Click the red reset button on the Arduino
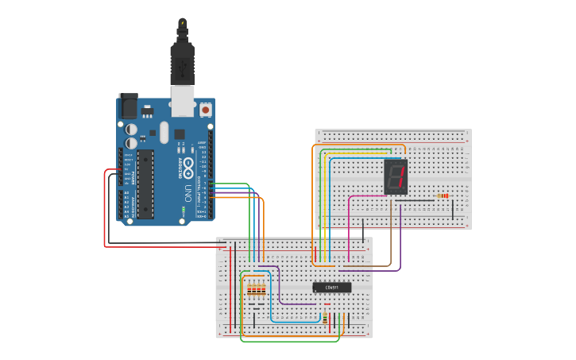(206, 110)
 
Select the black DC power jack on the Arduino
(128, 106)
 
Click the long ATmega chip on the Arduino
(145, 184)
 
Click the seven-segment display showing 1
(396, 176)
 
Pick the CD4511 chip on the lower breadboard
(331, 287)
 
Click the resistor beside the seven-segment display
(443, 196)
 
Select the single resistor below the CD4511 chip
(325, 318)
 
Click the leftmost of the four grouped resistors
(250, 291)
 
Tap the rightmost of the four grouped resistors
(264, 291)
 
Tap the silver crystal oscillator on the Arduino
(164, 132)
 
